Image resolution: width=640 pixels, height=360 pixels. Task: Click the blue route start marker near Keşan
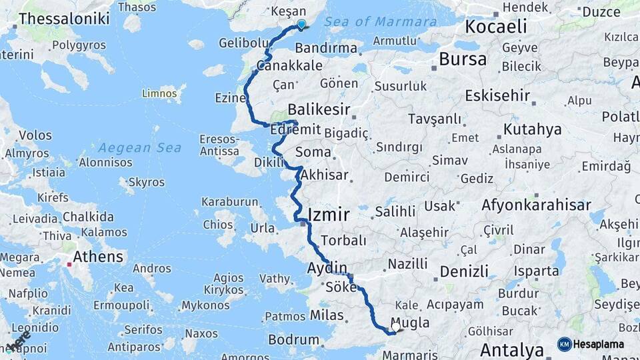[x=301, y=25]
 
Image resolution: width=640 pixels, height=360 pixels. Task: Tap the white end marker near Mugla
[x=397, y=327]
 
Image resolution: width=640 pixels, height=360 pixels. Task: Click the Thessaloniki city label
[x=64, y=19]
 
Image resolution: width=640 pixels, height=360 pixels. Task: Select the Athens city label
[x=98, y=257]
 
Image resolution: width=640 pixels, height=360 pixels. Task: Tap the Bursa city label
[x=463, y=59]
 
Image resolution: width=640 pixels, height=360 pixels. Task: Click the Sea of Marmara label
[x=381, y=21]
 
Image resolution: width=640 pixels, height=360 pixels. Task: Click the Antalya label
[x=512, y=349]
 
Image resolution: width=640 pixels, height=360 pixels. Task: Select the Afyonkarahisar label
[x=536, y=205]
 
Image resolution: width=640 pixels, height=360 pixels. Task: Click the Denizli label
[x=463, y=271]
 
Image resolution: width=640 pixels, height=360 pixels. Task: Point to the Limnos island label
[x=160, y=93]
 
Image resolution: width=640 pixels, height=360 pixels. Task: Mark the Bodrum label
[x=293, y=340]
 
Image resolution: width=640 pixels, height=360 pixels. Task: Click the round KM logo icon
[x=565, y=344]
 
